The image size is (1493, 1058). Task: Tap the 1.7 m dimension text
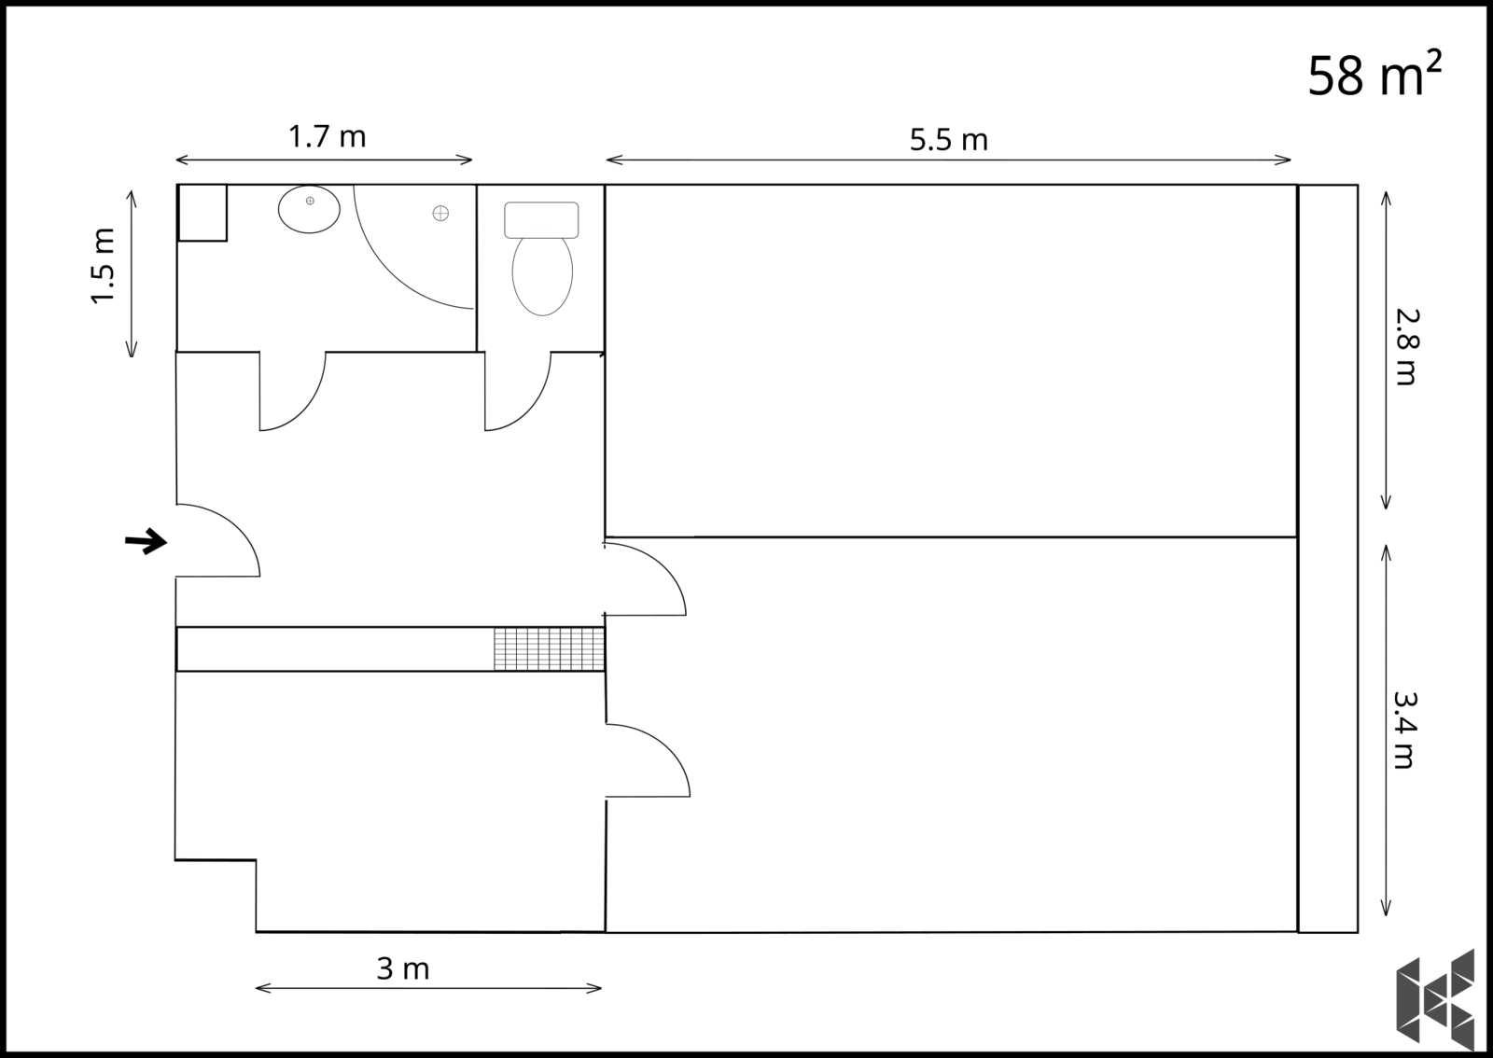(328, 136)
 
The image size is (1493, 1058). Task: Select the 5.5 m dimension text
(948, 140)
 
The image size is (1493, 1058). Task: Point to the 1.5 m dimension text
(104, 266)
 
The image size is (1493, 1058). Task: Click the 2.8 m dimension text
(1407, 347)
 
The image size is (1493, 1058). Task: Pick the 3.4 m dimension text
(1404, 731)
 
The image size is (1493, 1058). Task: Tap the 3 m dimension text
(402, 968)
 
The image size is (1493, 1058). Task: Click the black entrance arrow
(146, 541)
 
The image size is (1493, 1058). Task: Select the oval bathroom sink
(309, 209)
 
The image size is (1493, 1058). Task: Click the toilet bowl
(542, 274)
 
